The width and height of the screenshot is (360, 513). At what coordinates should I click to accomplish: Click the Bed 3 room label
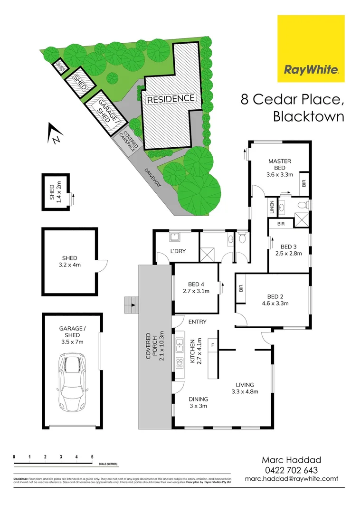click(288, 247)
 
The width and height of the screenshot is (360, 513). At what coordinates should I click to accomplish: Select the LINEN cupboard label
click(273, 208)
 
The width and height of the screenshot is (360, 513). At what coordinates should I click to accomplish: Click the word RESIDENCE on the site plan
click(171, 99)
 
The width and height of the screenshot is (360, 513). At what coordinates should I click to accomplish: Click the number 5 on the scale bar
click(92, 457)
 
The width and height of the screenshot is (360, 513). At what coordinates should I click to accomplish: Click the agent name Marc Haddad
click(292, 460)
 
